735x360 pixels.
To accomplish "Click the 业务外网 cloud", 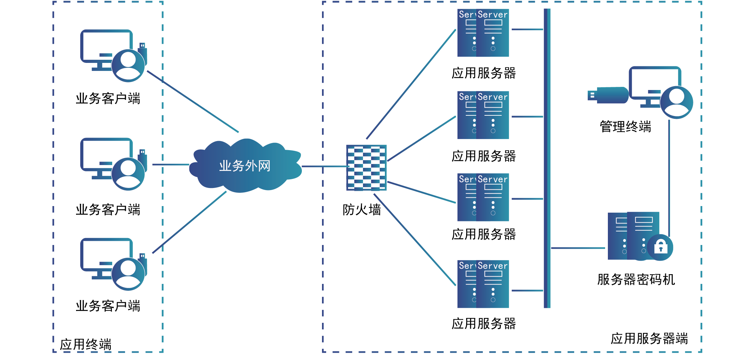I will (245, 166).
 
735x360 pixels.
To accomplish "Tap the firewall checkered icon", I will (366, 167).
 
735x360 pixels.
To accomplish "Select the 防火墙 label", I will (362, 210).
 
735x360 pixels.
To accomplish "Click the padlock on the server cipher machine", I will (660, 247).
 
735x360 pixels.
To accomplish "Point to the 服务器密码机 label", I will (636, 279).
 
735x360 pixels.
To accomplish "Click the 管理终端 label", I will (625, 126).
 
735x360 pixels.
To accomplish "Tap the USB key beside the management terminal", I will (608, 95).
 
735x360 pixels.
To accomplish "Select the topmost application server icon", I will (483, 33).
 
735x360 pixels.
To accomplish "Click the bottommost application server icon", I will (483, 284).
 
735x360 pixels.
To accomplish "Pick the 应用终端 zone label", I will (85, 344).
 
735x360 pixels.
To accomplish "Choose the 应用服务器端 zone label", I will (649, 338).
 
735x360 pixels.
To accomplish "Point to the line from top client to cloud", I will (193, 101).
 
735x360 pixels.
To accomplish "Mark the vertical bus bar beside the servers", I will (547, 158).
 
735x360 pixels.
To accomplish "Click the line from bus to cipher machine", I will (578, 248).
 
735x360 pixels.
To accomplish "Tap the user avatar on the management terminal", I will (676, 102).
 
